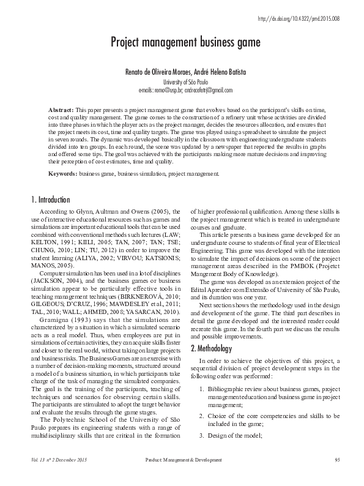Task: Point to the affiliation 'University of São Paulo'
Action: point(185,81)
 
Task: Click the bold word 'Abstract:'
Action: point(61,108)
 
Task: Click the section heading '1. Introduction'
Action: point(50,200)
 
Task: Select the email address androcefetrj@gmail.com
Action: point(206,90)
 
